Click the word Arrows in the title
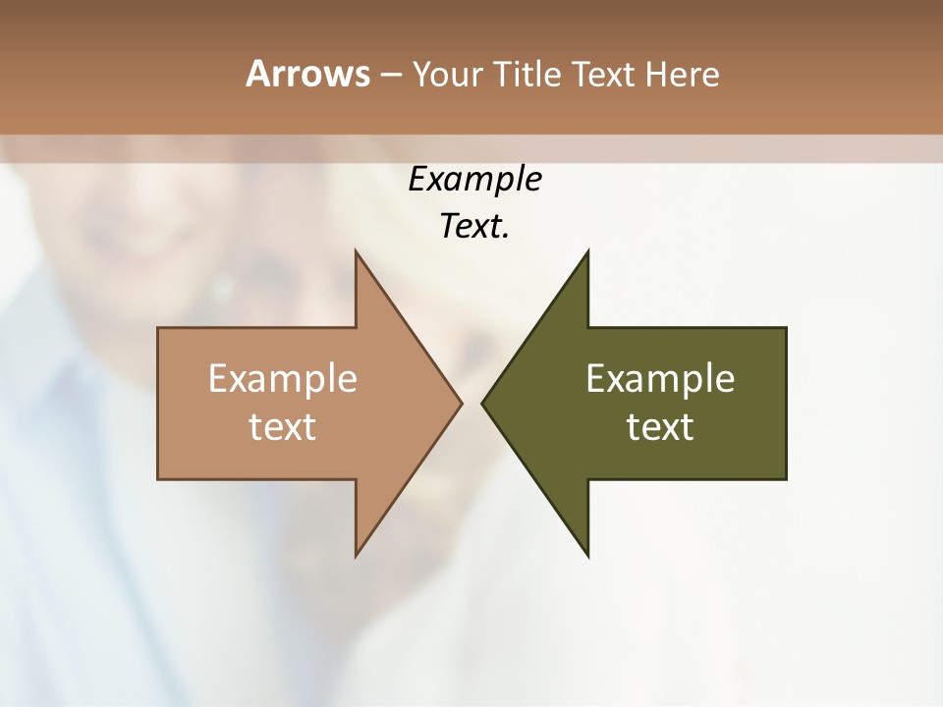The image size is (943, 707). (306, 74)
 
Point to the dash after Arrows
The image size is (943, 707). (390, 75)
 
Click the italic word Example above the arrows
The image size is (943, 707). (475, 179)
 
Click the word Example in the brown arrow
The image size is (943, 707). (283, 378)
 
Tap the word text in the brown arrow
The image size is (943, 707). (283, 427)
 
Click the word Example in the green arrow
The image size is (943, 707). (660, 378)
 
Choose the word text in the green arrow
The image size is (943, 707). (660, 427)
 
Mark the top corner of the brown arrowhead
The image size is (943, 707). (357, 252)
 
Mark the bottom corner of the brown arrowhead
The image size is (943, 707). (357, 555)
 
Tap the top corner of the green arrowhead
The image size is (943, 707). (587, 252)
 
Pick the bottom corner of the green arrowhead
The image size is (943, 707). (587, 555)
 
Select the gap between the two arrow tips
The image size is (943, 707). (471, 403)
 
